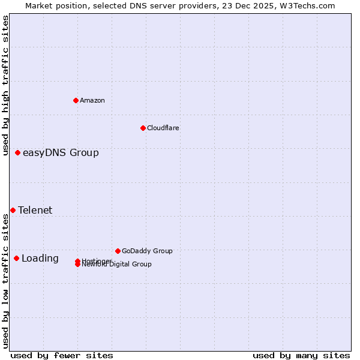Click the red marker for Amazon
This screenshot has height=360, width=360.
point(76,100)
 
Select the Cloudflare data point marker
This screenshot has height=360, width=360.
point(143,128)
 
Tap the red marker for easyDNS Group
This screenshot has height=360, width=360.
point(18,153)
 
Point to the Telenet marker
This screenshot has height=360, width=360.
point(13,210)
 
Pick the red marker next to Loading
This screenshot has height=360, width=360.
point(16,259)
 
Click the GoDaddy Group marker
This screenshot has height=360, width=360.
point(118,251)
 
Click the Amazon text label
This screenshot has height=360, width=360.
point(92,100)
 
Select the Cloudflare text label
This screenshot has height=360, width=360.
point(163,128)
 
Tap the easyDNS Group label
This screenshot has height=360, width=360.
point(61,153)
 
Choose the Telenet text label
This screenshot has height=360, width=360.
point(35,210)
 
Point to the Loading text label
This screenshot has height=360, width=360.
point(40,259)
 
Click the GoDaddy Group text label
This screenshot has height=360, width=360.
point(147,251)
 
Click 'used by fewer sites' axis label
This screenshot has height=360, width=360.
point(62,355)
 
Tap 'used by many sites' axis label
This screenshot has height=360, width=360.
point(301,355)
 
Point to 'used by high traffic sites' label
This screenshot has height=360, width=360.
point(5,85)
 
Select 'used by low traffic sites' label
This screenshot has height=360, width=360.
point(5,281)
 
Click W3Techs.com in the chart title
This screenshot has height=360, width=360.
point(309,5)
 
